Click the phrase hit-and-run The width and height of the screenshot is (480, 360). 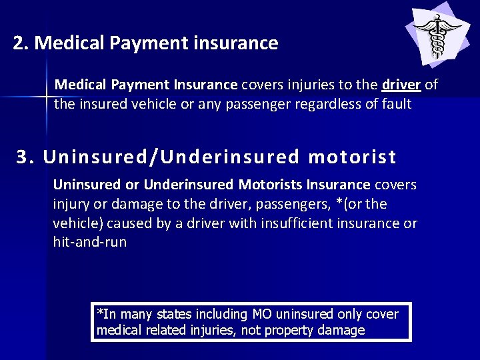click(x=89, y=242)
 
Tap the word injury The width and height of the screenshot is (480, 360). click(x=71, y=204)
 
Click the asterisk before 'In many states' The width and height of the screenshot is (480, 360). click(x=100, y=312)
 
